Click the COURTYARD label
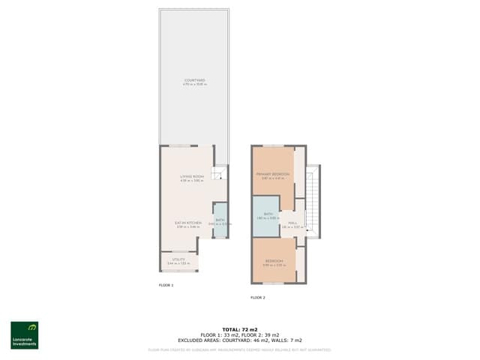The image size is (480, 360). click(194, 80)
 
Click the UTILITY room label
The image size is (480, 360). click(178, 259)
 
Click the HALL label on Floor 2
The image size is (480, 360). click(293, 223)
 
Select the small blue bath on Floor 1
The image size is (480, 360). click(220, 220)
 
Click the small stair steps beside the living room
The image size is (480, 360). click(218, 174)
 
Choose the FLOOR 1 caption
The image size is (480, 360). click(166, 286)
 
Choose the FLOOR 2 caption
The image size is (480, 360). click(258, 297)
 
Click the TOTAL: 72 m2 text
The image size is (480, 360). click(240, 329)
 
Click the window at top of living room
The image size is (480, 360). click(178, 145)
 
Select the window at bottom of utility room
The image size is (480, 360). click(178, 271)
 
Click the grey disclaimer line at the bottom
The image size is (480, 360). click(240, 349)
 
